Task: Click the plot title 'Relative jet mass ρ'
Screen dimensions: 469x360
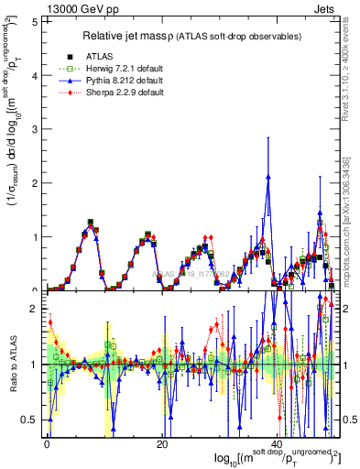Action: (x=190, y=36)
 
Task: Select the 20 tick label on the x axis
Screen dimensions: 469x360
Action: (x=161, y=445)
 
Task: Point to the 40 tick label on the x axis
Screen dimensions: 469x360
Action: (x=275, y=445)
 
